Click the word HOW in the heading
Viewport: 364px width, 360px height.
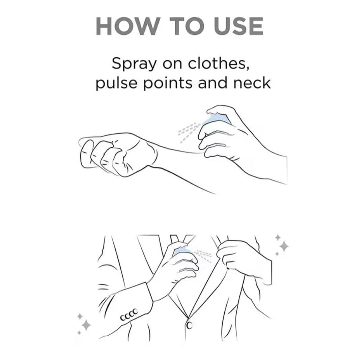coord(127,26)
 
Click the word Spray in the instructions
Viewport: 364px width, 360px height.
coord(133,64)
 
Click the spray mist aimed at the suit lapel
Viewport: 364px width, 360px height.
coord(203,255)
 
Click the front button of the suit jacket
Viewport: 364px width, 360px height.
coord(189,325)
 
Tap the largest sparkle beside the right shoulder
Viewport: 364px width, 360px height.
coord(284,246)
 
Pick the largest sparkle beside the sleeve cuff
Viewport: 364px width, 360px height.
coord(86,325)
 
